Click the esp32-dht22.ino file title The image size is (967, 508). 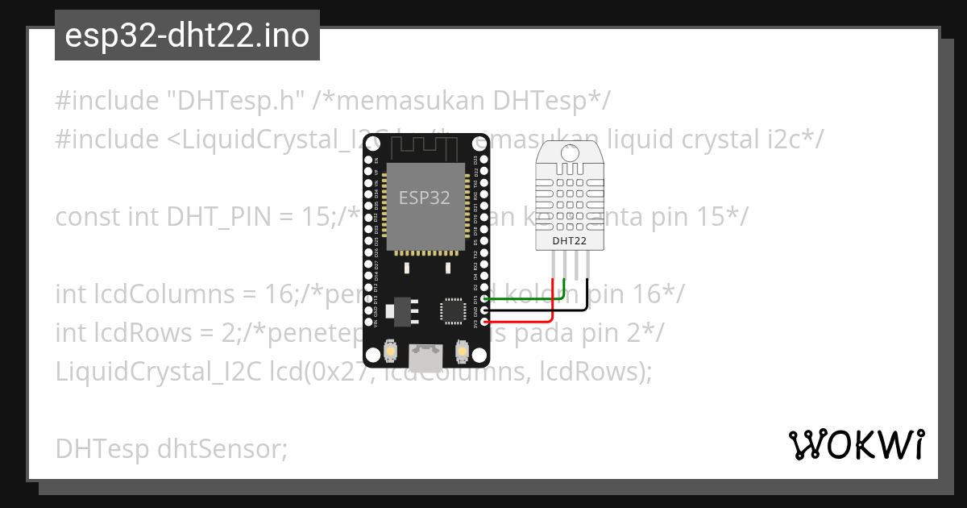pos(187,36)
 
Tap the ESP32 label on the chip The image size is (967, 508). pos(425,197)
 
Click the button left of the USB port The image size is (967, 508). pos(390,352)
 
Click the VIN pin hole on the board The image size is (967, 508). pos(367,322)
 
